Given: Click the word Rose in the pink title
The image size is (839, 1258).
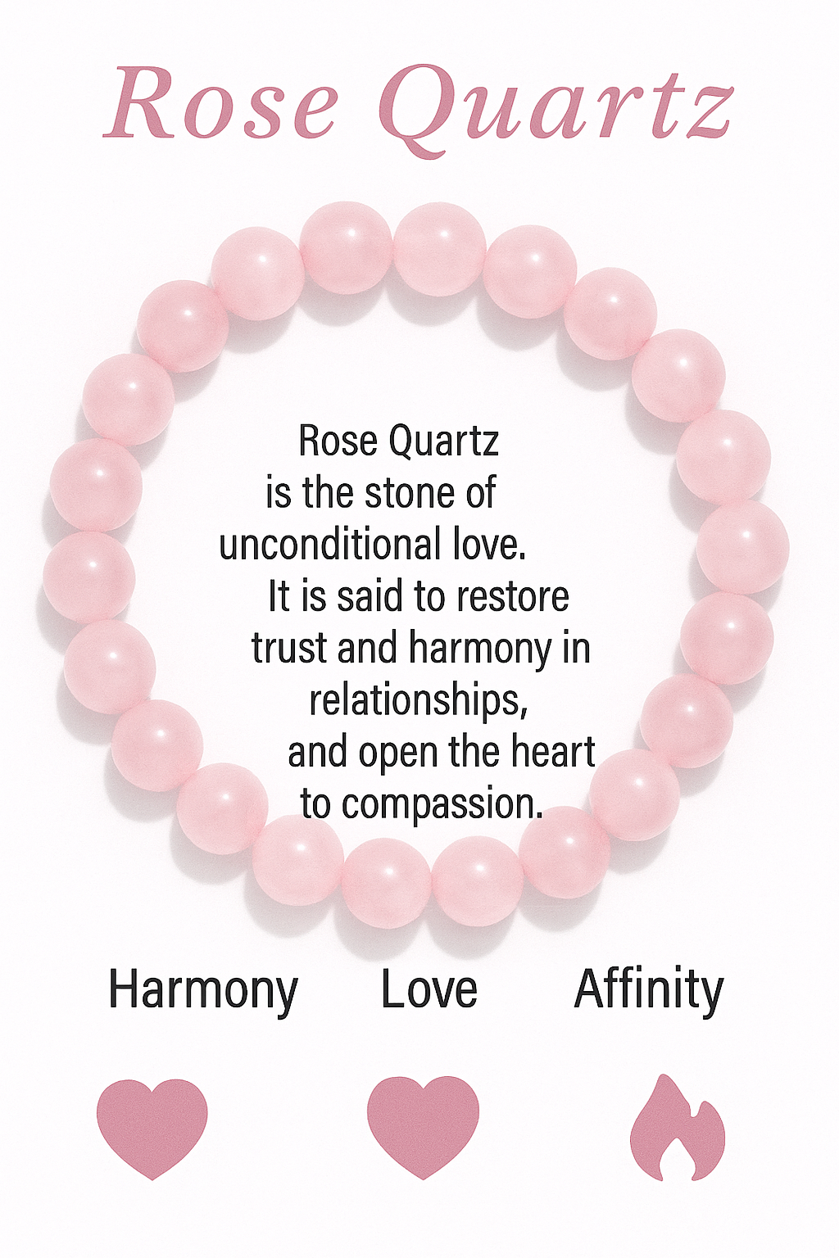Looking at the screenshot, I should coord(221,104).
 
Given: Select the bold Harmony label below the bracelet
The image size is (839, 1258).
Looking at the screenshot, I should coord(203,990).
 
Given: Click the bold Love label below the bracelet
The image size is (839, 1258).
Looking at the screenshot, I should coord(429,989).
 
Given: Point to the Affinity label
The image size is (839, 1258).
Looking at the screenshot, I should coord(649,989).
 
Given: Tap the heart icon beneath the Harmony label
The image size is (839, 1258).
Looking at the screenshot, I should coord(152,1127).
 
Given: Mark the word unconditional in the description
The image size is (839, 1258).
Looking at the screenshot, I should coord(330,545).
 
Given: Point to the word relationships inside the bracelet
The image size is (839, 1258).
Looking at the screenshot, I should coord(418,700).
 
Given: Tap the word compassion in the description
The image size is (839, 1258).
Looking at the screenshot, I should coord(442,804).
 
